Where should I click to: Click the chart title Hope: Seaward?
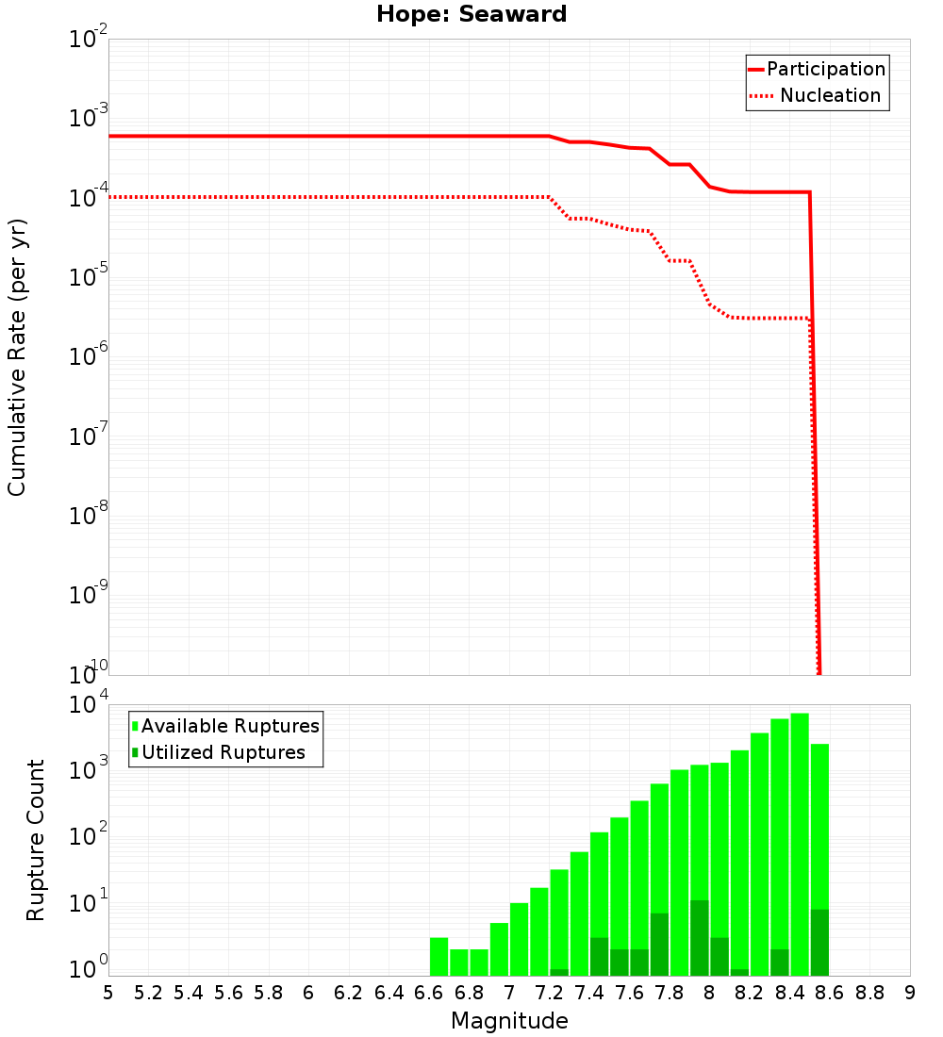click(x=471, y=14)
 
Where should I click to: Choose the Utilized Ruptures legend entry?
click(x=223, y=752)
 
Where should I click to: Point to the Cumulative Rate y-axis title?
click(x=17, y=357)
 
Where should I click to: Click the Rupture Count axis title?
click(x=36, y=840)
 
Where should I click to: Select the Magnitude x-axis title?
click(x=509, y=1021)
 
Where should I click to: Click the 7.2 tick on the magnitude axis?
click(x=549, y=993)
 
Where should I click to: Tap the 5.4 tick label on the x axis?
click(x=189, y=993)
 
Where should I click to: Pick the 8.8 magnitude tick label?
click(x=869, y=993)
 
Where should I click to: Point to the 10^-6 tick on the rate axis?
click(x=90, y=356)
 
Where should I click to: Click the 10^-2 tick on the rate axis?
click(x=90, y=40)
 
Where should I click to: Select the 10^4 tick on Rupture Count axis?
click(x=90, y=705)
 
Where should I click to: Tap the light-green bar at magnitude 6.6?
click(x=438, y=956)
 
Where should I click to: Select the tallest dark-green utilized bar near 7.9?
click(x=699, y=938)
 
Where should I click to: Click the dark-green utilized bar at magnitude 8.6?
click(x=819, y=942)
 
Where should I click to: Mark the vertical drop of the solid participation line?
click(x=815, y=424)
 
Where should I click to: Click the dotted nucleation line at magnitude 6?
click(x=308, y=197)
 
